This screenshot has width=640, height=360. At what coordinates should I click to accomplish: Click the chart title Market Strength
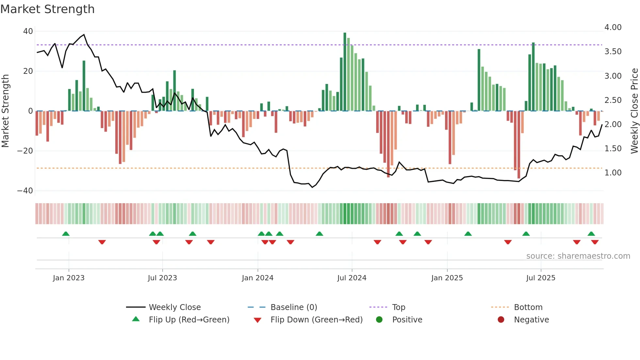47,9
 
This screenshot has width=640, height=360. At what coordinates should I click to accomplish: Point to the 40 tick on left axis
28,31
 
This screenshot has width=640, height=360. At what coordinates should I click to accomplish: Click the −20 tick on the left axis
25,151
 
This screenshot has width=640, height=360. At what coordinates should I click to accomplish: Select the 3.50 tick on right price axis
613,52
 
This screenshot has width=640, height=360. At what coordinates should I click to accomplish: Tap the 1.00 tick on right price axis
613,173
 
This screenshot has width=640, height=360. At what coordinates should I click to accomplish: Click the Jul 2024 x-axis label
352,278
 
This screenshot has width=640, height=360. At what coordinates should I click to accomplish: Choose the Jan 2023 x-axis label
69,278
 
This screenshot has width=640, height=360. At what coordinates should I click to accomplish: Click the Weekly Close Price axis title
634,111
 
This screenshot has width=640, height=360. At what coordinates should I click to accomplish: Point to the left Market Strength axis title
5,111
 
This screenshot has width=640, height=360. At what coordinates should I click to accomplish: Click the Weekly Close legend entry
175,307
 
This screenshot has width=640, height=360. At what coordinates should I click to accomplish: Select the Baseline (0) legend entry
294,307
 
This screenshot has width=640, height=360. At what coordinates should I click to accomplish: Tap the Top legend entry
399,307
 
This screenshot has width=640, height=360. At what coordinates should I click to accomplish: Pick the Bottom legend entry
528,307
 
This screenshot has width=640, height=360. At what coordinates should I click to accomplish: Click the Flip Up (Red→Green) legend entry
189,320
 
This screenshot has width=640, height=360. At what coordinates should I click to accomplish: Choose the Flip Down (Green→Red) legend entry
316,320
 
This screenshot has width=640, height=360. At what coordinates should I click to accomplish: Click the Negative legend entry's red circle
501,320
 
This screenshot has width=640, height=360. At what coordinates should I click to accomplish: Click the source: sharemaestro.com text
578,256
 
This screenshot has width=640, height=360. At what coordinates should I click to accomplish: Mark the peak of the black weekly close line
84,35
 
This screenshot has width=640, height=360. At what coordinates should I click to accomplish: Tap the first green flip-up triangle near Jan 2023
66,234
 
